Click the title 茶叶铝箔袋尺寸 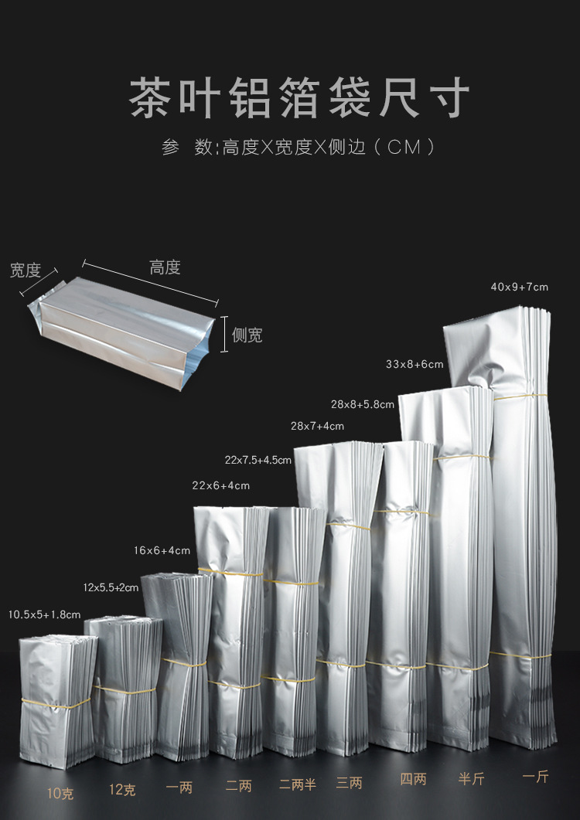coord(299,99)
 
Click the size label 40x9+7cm coord(519,288)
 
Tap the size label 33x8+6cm coord(415,364)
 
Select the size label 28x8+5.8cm coord(363,404)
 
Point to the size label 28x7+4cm coord(317,426)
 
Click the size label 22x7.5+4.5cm coord(258,460)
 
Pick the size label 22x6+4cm coord(221,485)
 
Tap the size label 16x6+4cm coord(162,550)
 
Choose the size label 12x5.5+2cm coord(111,587)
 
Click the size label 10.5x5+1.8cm coord(44,614)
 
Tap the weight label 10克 coord(60,792)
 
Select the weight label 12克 coord(122,790)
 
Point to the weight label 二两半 coord(298,784)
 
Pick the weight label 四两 coord(413,780)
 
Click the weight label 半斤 coord(470,778)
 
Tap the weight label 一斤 coord(535,777)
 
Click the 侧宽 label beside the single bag coord(247,335)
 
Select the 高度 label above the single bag coord(165,267)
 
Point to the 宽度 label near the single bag coord(25,270)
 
